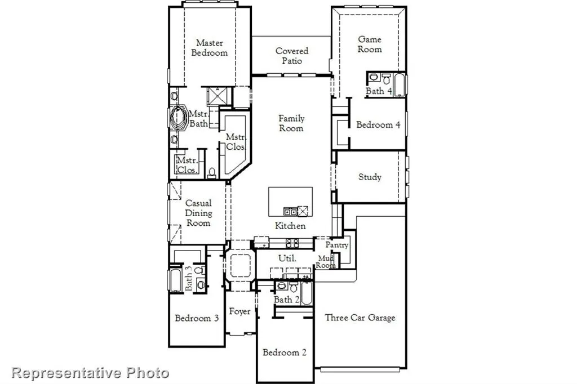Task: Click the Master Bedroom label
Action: tap(209, 48)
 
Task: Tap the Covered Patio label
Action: tap(292, 56)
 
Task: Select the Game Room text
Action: tap(370, 44)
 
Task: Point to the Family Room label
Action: tap(291, 123)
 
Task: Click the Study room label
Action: tap(370, 177)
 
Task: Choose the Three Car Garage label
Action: tap(360, 318)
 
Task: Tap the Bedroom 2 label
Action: tap(285, 352)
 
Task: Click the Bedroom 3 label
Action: tap(197, 318)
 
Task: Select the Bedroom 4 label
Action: tap(378, 125)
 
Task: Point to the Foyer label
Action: tap(239, 312)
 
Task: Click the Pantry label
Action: tap(337, 245)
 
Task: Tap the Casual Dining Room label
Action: tap(198, 213)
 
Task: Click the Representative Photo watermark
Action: tap(90, 372)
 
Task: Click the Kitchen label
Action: tap(290, 226)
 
